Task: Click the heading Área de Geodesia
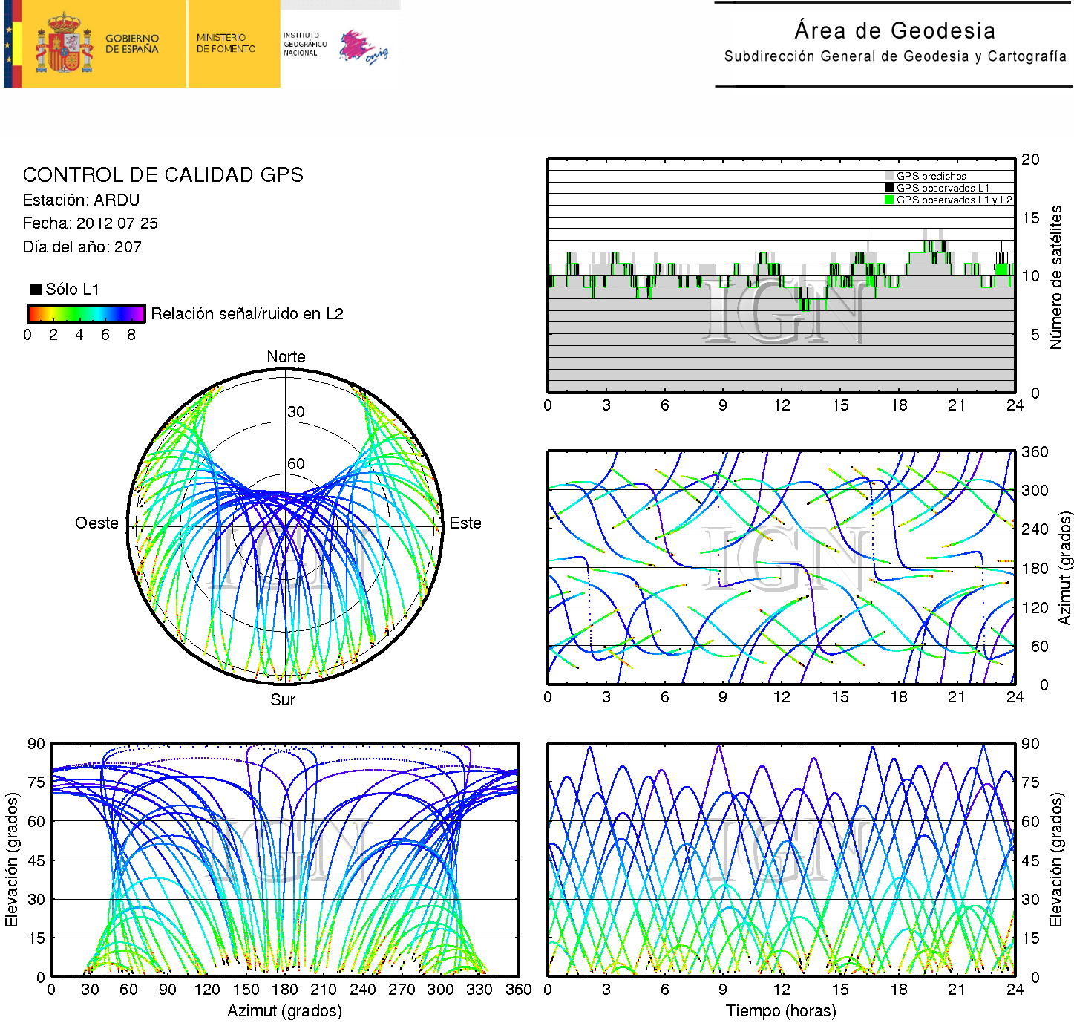pyautogui.click(x=894, y=30)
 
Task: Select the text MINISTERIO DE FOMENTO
pyautogui.click(x=226, y=43)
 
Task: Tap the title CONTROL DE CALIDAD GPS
pyautogui.click(x=163, y=175)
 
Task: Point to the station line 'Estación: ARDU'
pyautogui.click(x=81, y=200)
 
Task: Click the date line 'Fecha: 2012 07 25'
pyautogui.click(x=90, y=223)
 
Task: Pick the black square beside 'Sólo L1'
pyautogui.click(x=35, y=290)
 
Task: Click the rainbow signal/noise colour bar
pyautogui.click(x=85, y=313)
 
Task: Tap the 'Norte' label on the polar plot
pyautogui.click(x=286, y=357)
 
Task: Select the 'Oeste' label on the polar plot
pyautogui.click(x=96, y=523)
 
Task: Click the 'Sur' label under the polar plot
pyautogui.click(x=283, y=700)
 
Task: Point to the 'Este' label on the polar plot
pyautogui.click(x=465, y=523)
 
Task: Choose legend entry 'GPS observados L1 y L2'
pyautogui.click(x=953, y=200)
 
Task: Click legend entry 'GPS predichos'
pyautogui.click(x=931, y=176)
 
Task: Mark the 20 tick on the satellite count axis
pyautogui.click(x=1030, y=160)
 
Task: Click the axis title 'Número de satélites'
pyautogui.click(x=1055, y=277)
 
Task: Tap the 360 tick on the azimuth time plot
pyautogui.click(x=1035, y=452)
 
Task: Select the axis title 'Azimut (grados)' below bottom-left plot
pyautogui.click(x=284, y=1011)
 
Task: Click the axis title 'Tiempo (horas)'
pyautogui.click(x=781, y=1011)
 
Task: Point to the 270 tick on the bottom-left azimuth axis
pyautogui.click(x=402, y=990)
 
